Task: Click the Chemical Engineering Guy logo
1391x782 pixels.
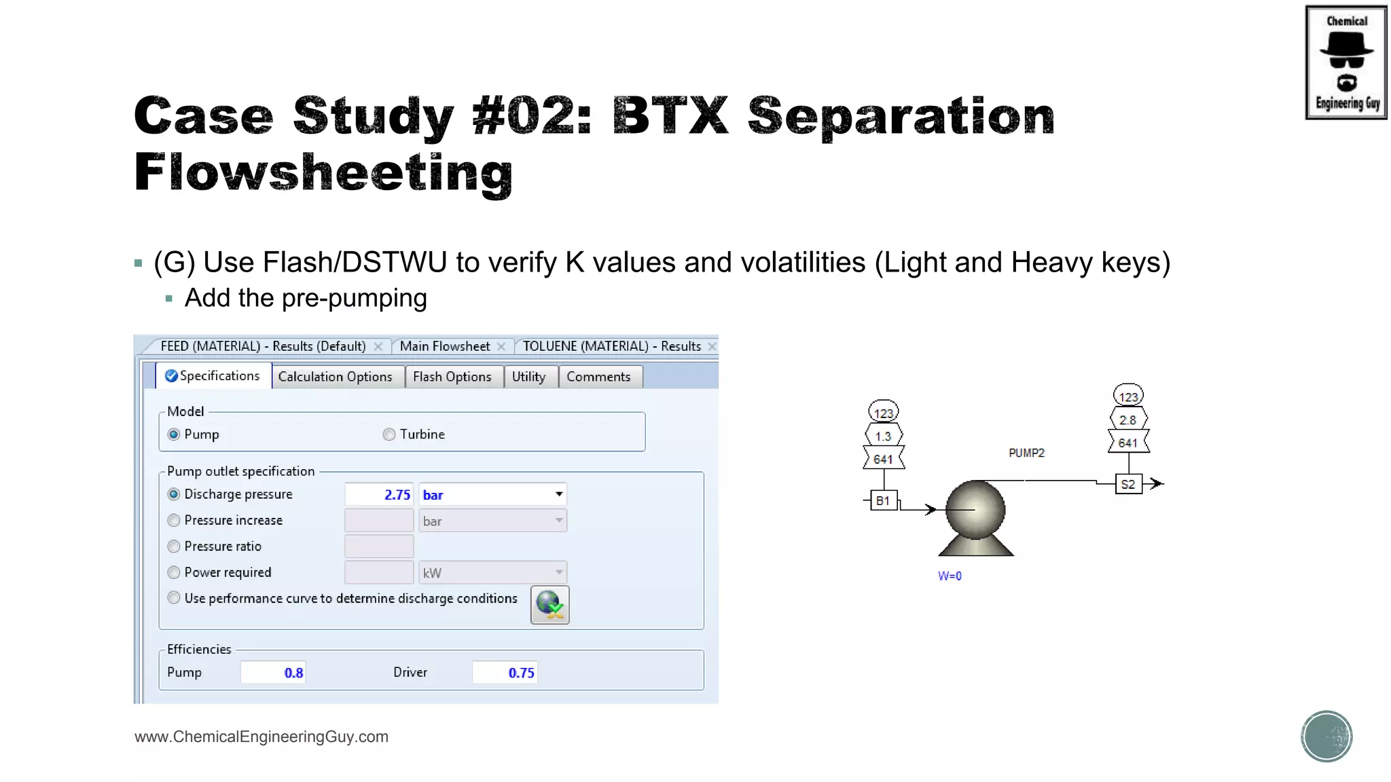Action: pyautogui.click(x=1345, y=62)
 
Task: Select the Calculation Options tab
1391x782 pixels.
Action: pyautogui.click(x=335, y=377)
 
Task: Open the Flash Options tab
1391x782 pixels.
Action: pyautogui.click(x=452, y=377)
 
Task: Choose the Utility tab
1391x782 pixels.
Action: pyautogui.click(x=528, y=377)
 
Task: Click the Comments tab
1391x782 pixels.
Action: pyautogui.click(x=598, y=377)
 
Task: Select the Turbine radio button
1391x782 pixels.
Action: pyautogui.click(x=389, y=434)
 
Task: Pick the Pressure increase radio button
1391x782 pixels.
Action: pyautogui.click(x=175, y=521)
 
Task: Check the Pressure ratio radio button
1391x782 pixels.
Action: pyautogui.click(x=175, y=546)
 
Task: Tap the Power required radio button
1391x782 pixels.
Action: pyautogui.click(x=175, y=572)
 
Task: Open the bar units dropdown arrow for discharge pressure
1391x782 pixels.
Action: pyautogui.click(x=558, y=494)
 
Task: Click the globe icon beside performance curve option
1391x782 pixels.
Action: pyautogui.click(x=549, y=604)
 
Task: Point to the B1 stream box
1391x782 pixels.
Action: pyautogui.click(x=883, y=501)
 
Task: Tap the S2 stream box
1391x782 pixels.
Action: pyautogui.click(x=1128, y=484)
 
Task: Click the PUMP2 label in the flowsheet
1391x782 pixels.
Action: pyautogui.click(x=1026, y=453)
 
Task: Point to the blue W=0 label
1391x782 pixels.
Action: pyautogui.click(x=950, y=576)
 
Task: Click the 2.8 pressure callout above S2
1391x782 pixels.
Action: pyautogui.click(x=1128, y=420)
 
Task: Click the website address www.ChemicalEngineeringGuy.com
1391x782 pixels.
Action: pyautogui.click(x=261, y=737)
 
